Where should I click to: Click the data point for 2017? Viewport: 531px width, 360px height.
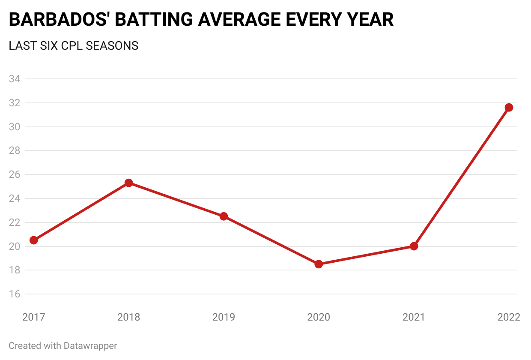33,240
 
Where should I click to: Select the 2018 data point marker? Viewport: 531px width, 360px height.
128,183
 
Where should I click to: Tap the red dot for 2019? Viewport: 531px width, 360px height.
224,216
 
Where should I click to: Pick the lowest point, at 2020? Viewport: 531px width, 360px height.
319,264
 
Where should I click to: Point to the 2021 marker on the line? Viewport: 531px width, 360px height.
414,246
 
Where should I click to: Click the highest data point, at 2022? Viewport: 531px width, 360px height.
509,107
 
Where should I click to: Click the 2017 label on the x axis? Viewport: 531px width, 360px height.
33,317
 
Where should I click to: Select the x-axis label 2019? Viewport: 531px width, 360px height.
224,317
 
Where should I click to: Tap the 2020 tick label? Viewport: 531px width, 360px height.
319,317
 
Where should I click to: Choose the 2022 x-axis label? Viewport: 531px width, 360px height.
509,317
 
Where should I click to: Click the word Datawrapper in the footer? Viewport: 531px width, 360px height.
90,345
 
